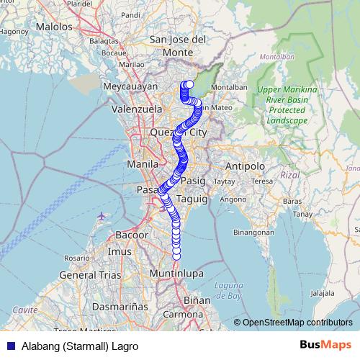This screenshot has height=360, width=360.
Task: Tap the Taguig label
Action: (x=192, y=197)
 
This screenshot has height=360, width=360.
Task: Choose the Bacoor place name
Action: (x=132, y=235)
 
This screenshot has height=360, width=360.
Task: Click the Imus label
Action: (x=120, y=251)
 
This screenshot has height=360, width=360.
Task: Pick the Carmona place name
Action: (x=182, y=315)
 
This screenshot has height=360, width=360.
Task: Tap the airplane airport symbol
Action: (x=101, y=215)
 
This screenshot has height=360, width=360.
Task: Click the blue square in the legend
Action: (x=10, y=346)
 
